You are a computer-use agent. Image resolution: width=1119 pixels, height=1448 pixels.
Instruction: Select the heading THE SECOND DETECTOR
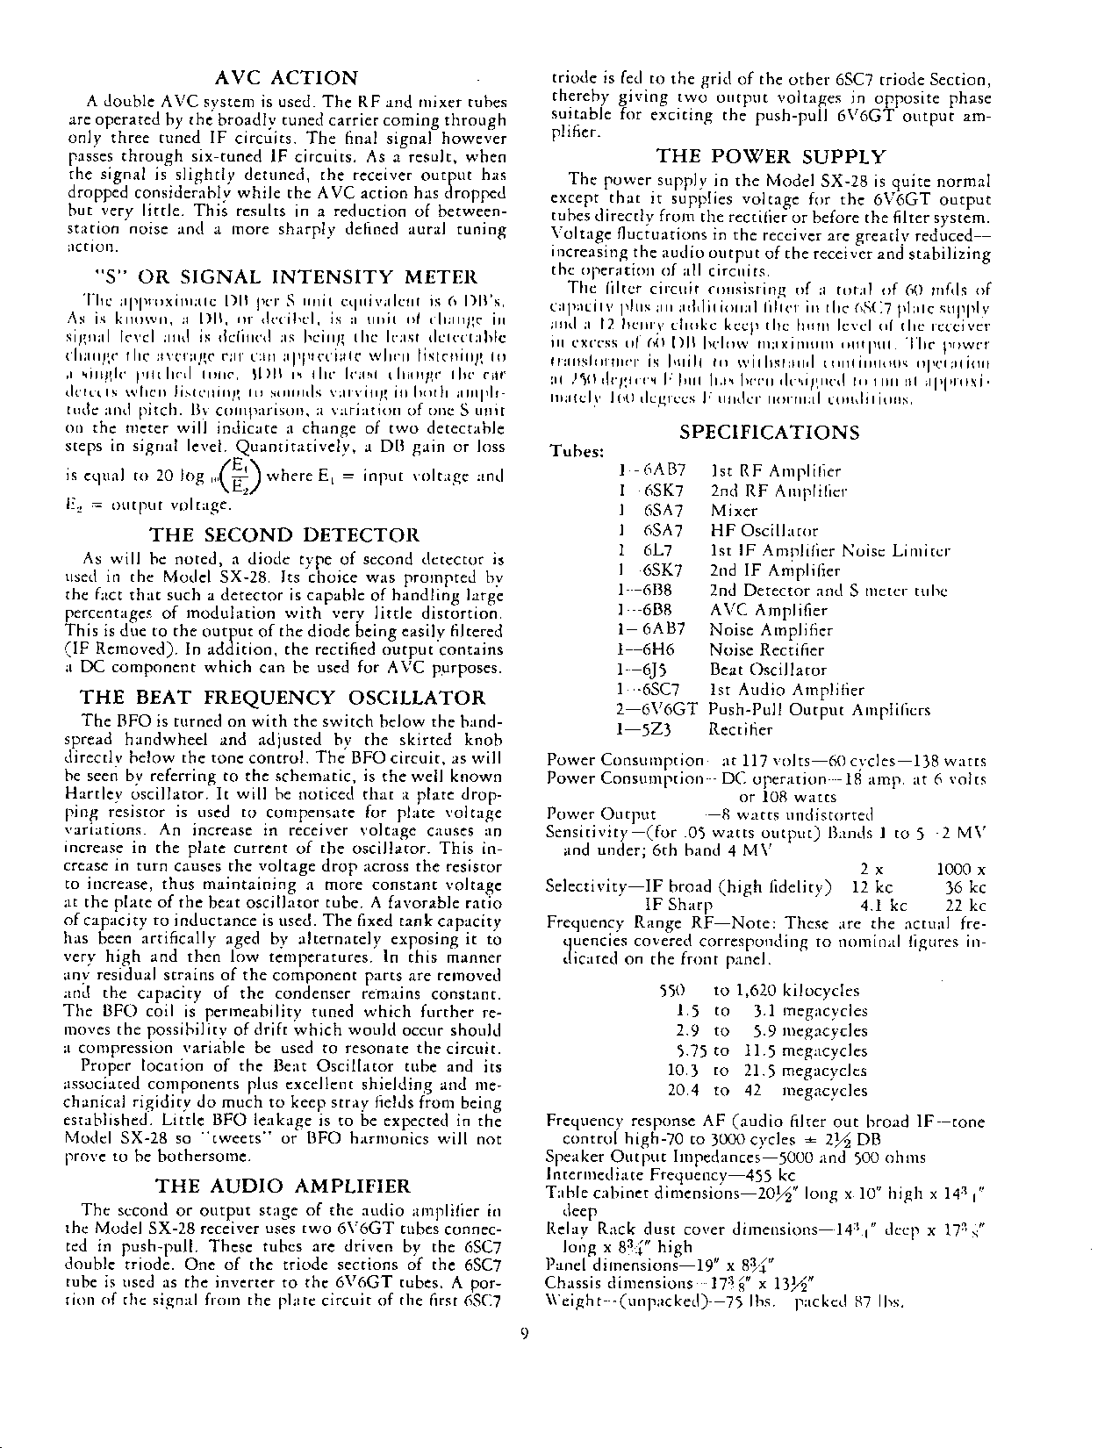tap(285, 535)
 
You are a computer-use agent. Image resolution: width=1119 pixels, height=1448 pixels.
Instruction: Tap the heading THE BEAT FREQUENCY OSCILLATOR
tap(283, 699)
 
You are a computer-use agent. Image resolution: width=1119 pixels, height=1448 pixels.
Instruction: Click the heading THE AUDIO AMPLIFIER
tap(283, 1187)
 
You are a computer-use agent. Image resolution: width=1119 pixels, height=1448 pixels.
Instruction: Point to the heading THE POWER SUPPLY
tap(771, 158)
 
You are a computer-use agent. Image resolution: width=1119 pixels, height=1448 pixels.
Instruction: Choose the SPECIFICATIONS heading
tap(770, 432)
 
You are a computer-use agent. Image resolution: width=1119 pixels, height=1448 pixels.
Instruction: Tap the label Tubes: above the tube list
tap(576, 451)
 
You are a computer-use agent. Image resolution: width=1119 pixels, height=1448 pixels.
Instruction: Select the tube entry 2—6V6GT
tap(657, 709)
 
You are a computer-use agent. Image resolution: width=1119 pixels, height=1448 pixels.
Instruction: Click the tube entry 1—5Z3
tap(647, 729)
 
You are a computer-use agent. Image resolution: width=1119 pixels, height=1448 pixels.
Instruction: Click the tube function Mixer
tap(734, 511)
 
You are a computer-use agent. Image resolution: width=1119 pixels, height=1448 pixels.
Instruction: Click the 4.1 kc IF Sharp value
tap(885, 906)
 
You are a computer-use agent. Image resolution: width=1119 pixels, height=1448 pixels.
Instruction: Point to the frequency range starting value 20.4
tap(681, 1091)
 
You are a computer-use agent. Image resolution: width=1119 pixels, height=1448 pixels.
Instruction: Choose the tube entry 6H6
tap(651, 650)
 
